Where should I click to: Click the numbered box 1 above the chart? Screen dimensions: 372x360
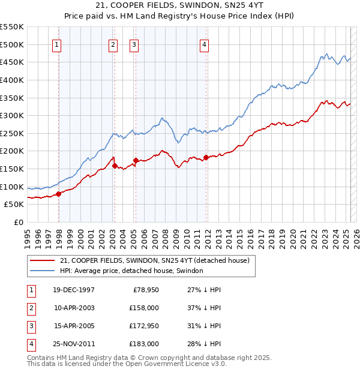click(56, 44)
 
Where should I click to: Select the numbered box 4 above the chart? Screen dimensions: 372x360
click(205, 44)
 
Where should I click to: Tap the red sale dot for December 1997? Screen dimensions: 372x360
click(59, 194)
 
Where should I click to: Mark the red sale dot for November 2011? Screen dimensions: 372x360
click(206, 157)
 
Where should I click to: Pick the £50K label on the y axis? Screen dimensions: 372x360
click(14, 205)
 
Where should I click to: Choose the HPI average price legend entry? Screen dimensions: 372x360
click(131, 271)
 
